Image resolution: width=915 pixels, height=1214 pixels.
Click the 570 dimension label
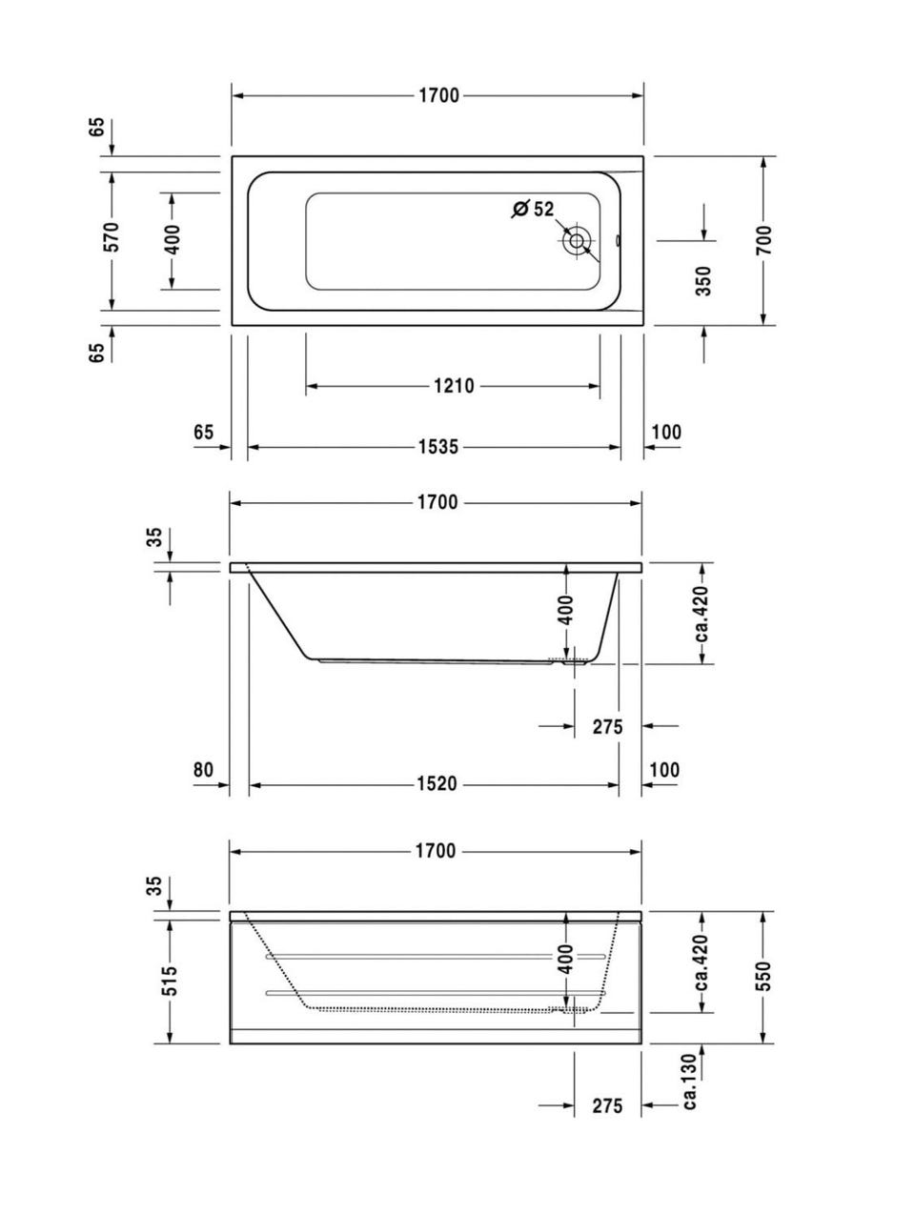pyautogui.click(x=112, y=236)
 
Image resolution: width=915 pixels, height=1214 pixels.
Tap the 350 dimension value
pyautogui.click(x=703, y=281)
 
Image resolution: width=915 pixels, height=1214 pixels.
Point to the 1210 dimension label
pyautogui.click(x=454, y=386)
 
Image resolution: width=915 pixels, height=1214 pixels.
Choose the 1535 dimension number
pyautogui.click(x=438, y=446)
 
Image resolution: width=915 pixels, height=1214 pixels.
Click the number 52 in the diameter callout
pyautogui.click(x=543, y=209)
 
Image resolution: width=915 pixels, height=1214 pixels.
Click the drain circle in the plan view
pyautogui.click(x=577, y=240)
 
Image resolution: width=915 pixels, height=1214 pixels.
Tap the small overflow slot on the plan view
pyautogui.click(x=618, y=240)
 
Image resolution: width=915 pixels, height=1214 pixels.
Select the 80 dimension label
pyautogui.click(x=203, y=769)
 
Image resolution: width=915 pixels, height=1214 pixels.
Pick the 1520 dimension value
pyautogui.click(x=437, y=783)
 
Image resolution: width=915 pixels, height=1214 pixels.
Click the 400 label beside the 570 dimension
pyautogui.click(x=173, y=239)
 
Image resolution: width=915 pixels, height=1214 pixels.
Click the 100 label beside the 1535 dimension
pyautogui.click(x=666, y=432)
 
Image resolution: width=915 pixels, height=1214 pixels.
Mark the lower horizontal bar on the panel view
pyautogui.click(x=436, y=993)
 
